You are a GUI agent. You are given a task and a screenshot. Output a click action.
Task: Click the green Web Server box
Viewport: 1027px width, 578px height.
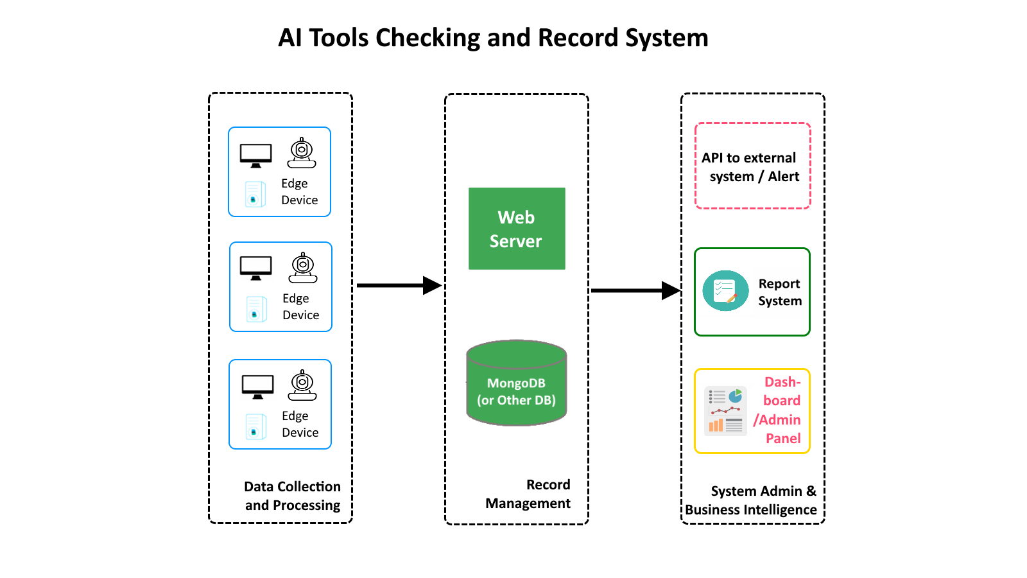click(x=517, y=229)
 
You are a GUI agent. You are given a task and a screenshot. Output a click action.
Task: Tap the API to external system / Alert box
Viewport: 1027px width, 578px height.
click(x=752, y=166)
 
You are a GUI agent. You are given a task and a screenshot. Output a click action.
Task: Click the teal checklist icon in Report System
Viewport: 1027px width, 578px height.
click(x=725, y=291)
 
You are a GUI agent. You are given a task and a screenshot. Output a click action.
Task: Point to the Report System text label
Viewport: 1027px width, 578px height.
click(x=779, y=292)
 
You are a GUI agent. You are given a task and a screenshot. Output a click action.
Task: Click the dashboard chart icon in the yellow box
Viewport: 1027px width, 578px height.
click(x=725, y=411)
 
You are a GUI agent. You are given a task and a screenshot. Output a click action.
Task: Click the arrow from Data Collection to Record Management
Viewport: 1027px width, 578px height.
click(x=398, y=285)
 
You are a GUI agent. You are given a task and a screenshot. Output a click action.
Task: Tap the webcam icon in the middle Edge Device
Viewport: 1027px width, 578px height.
click(x=303, y=268)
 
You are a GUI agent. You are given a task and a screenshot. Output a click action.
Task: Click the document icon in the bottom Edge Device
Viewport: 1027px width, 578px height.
click(x=255, y=426)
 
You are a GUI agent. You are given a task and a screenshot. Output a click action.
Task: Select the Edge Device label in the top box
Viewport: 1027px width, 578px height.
click(x=299, y=191)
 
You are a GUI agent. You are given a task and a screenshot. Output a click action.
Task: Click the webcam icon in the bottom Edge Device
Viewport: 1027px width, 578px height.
click(x=302, y=385)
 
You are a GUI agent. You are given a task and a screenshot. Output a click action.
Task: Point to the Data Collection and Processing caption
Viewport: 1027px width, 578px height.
click(x=292, y=496)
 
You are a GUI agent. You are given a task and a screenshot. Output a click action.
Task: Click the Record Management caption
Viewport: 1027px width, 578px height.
click(x=528, y=494)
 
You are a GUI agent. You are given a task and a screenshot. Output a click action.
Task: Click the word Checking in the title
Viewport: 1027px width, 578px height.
click(x=427, y=39)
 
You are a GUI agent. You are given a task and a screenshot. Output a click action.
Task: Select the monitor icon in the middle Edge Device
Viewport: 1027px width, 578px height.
click(x=255, y=268)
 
